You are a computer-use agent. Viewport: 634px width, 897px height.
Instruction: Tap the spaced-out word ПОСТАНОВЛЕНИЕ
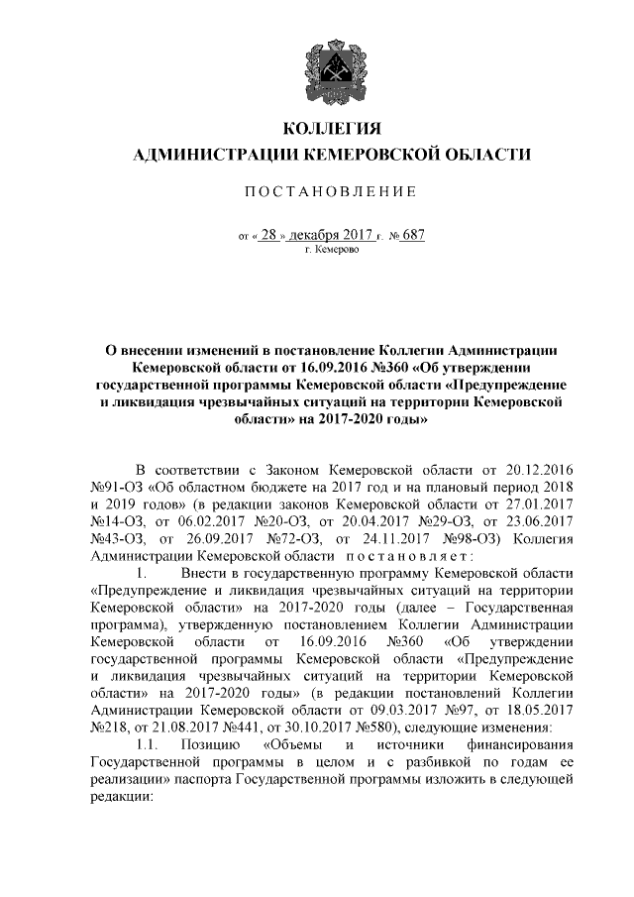(x=332, y=190)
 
